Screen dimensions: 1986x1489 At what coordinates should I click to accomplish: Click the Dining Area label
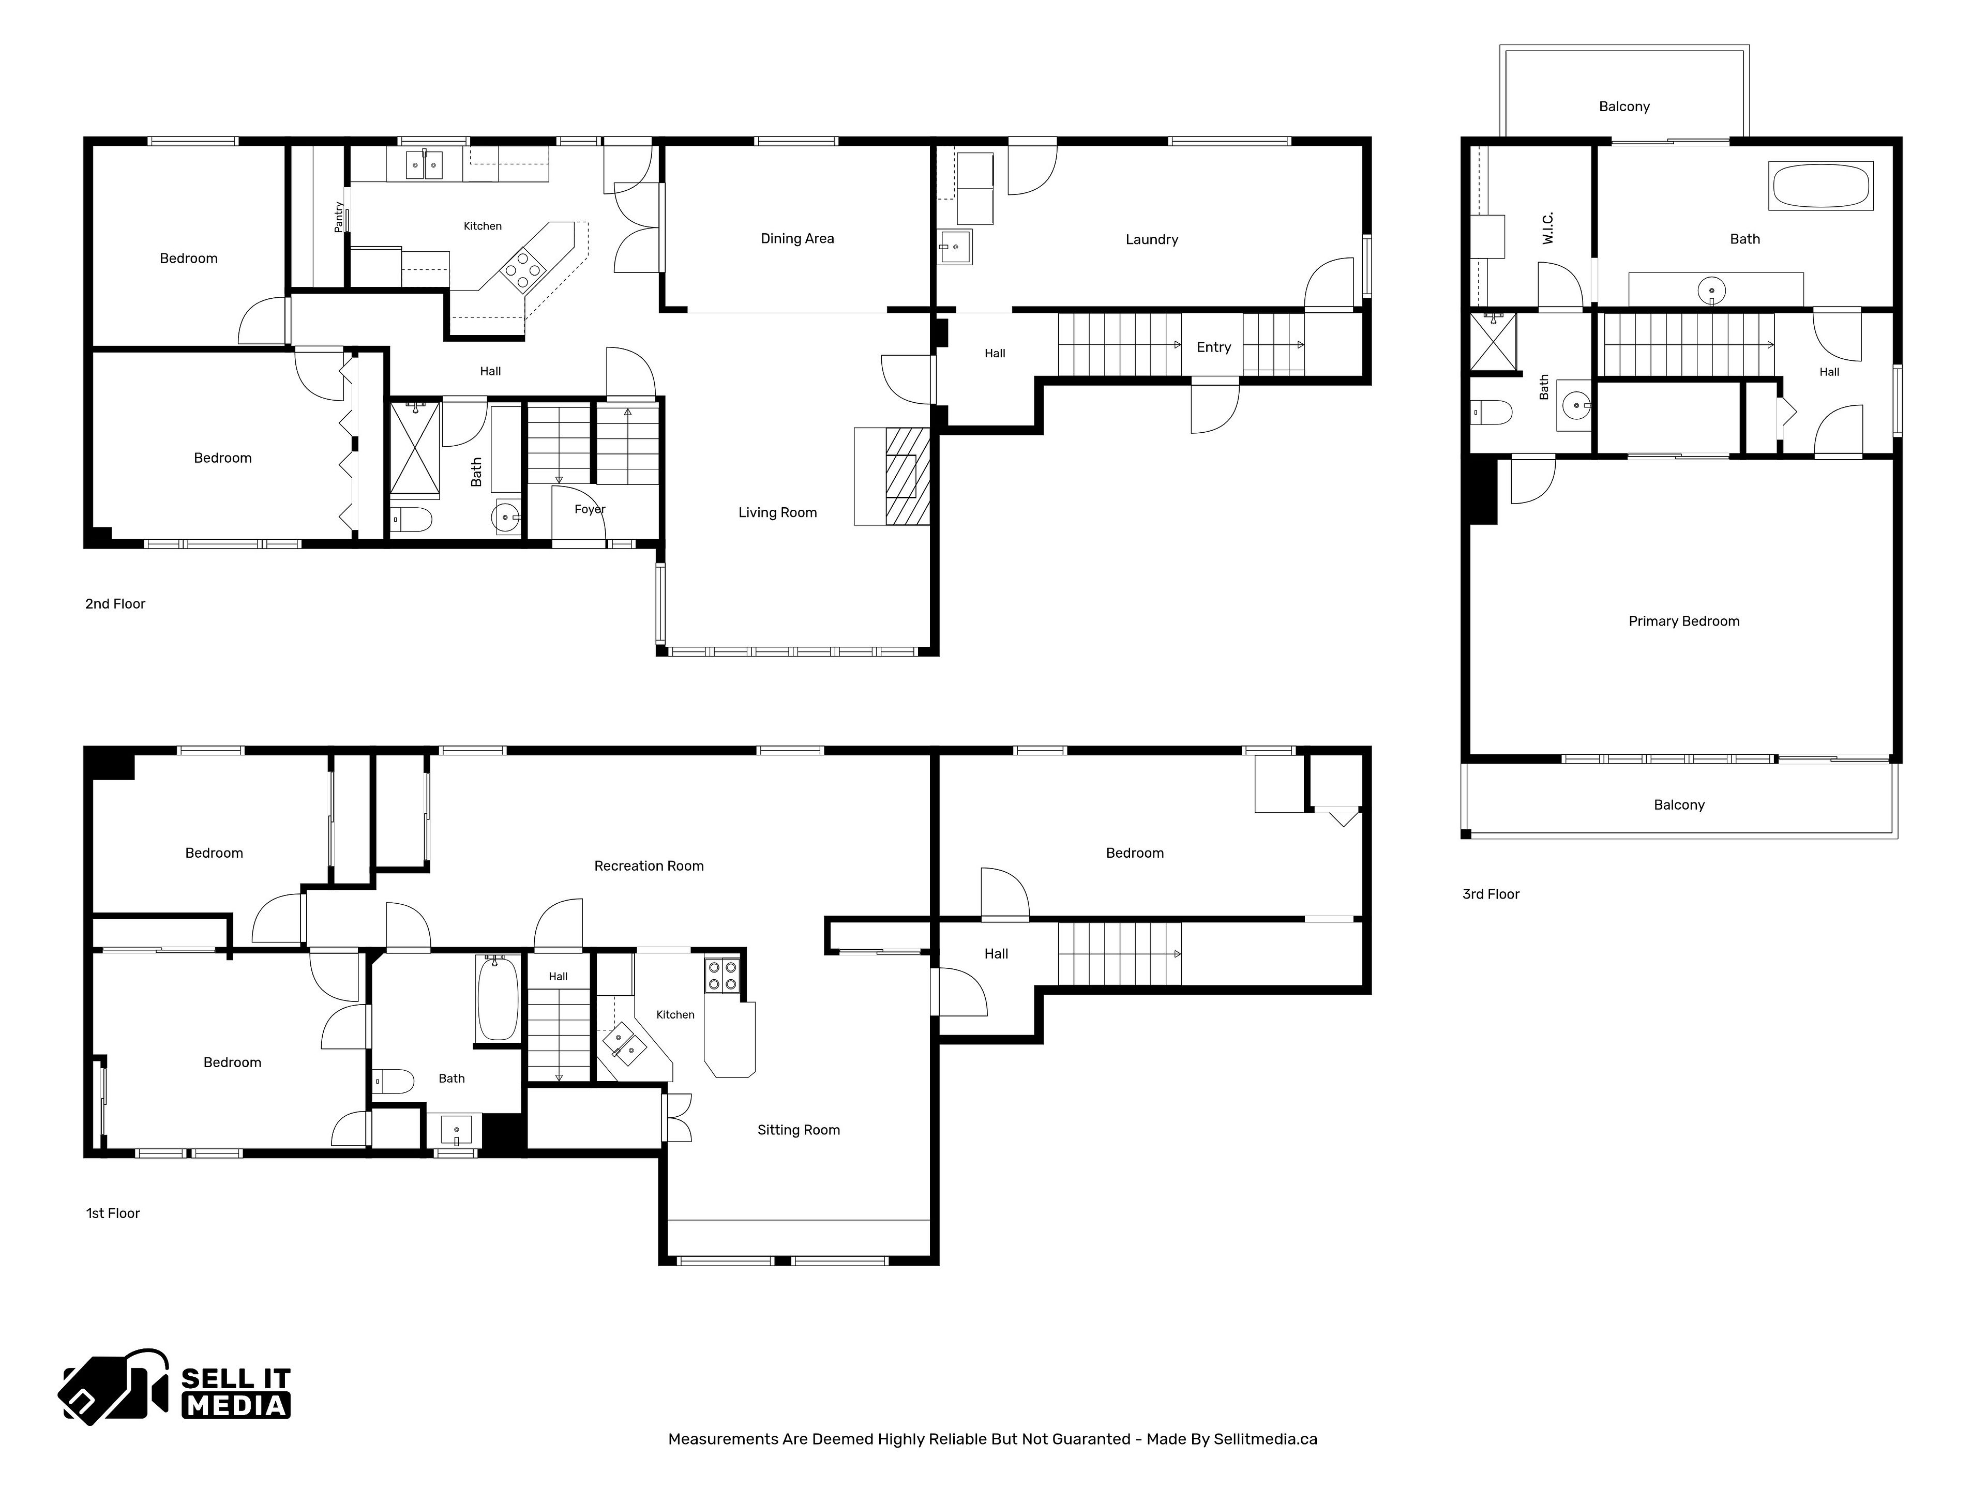tap(798, 239)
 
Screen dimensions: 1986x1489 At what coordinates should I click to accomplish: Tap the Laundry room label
tap(1152, 240)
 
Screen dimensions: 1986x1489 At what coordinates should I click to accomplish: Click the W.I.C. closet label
tap(1548, 228)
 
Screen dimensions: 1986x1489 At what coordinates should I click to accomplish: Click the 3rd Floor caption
tap(1491, 894)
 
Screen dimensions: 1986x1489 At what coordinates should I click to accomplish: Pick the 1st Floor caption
tap(113, 1213)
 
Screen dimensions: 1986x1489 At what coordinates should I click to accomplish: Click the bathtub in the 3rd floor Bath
tap(1821, 186)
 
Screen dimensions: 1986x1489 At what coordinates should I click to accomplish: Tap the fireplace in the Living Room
tap(907, 476)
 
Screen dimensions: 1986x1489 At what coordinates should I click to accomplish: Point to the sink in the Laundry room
tap(955, 247)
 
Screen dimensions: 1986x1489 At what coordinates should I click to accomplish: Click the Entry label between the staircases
tap(1214, 347)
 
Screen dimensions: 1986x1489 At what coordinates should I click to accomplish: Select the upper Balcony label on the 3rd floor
tap(1624, 107)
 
